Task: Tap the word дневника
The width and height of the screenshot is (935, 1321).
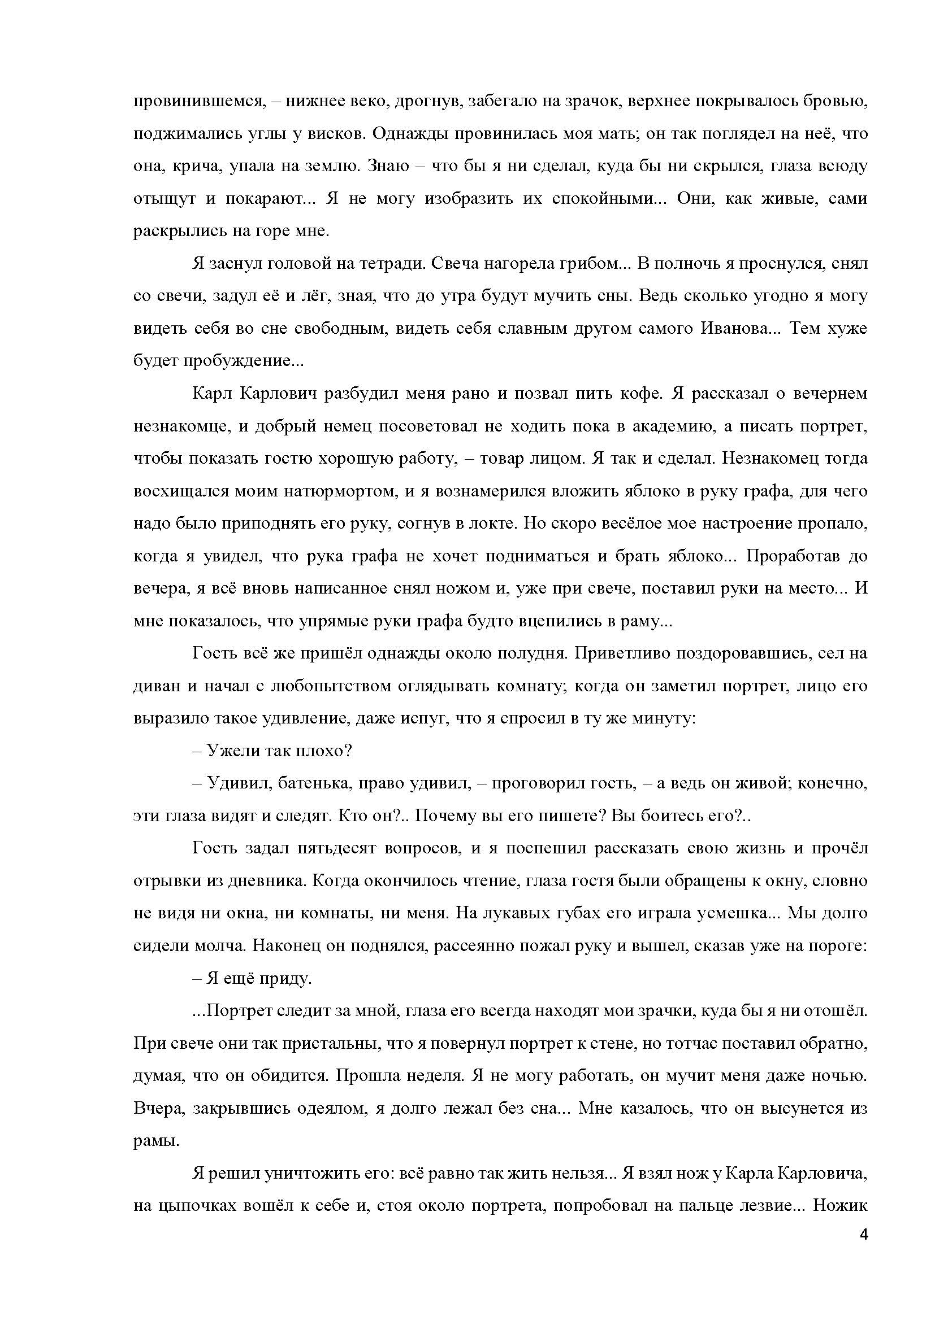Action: point(263,881)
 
